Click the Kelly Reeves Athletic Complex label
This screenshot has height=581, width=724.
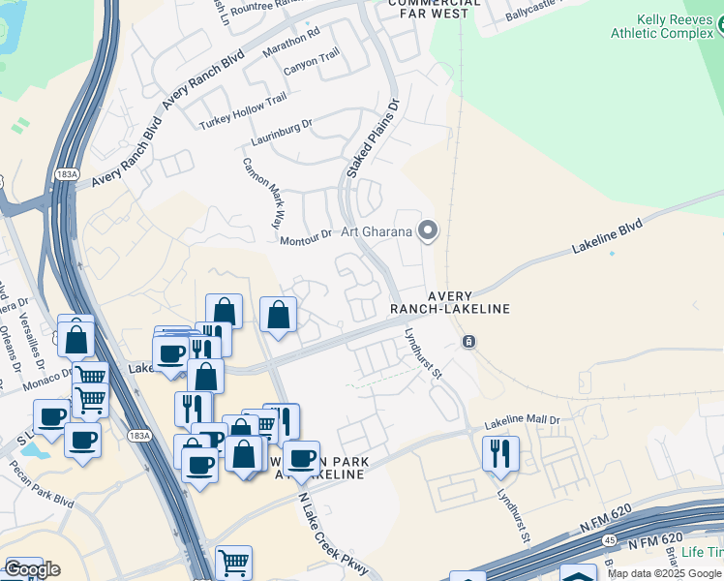pos(662,26)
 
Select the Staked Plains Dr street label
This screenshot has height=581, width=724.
pos(373,138)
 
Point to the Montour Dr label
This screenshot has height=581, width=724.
pos(305,238)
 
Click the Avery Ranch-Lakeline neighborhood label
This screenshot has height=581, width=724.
pos(449,302)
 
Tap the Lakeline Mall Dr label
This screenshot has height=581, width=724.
pos(523,422)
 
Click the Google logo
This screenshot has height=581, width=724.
pos(32,568)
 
